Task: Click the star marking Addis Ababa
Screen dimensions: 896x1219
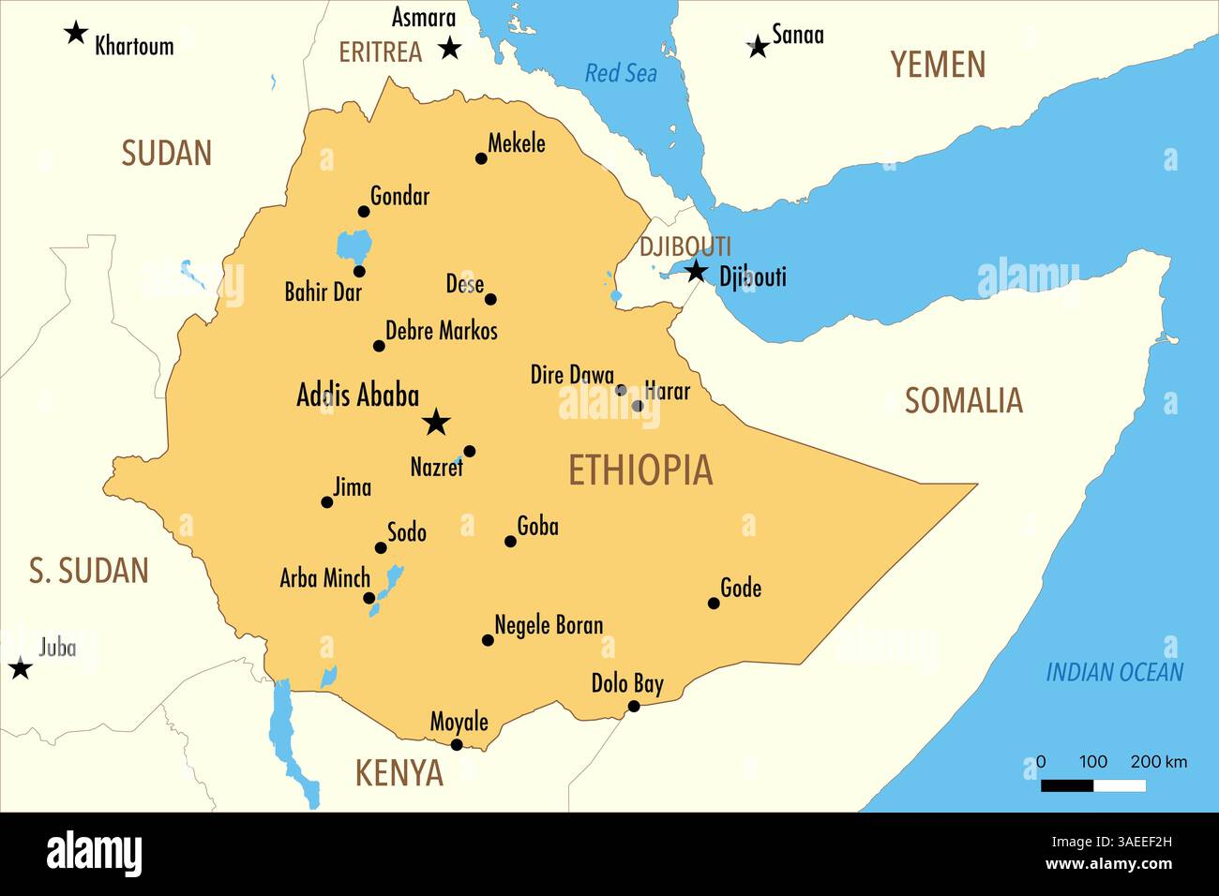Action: pos(435,422)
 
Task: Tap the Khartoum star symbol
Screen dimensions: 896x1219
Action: pos(76,34)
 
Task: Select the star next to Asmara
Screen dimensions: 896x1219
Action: pos(450,47)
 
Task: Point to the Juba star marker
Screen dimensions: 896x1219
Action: pos(21,668)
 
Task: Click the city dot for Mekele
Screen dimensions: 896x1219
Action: pos(481,158)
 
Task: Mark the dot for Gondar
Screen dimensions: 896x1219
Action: pos(364,212)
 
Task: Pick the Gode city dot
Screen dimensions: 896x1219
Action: pos(714,604)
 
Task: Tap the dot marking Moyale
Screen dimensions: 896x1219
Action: pos(457,745)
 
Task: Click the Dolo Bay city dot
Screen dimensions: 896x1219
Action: pos(634,706)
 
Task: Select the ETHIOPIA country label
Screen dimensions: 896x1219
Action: pos(640,470)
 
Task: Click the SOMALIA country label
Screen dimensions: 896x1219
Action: pos(963,401)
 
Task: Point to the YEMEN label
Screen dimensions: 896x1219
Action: pos(938,65)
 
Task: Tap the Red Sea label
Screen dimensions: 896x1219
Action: pos(621,73)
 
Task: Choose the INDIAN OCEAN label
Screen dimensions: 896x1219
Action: pos(1114,672)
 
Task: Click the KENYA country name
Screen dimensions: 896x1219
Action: pos(399,773)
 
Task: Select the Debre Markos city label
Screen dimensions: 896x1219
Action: pos(442,331)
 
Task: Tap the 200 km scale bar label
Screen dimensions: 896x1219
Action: pos(1158,761)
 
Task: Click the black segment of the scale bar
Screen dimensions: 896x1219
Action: pos(1067,785)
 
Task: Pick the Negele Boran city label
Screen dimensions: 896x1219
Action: pos(549,625)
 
